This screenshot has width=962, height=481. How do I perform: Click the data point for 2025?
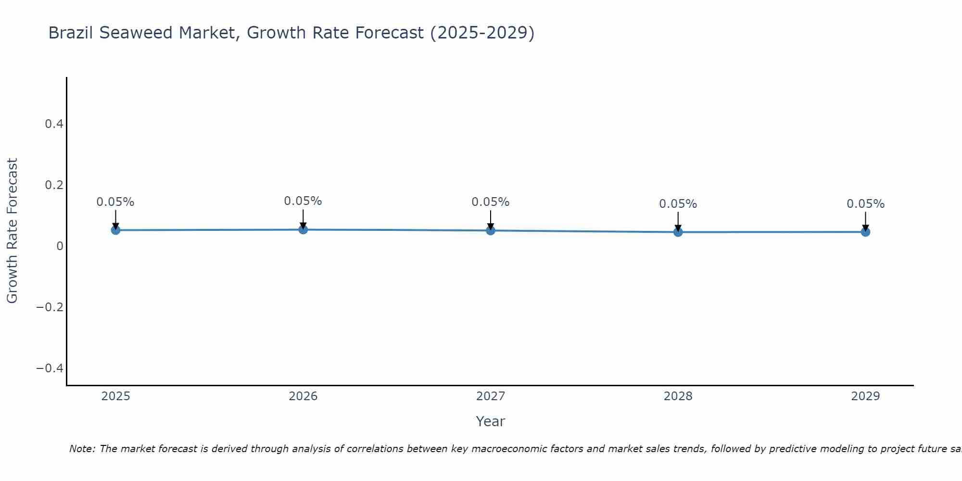point(115,230)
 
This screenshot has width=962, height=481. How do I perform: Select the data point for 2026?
point(303,229)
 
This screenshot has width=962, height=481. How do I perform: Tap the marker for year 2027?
point(491,230)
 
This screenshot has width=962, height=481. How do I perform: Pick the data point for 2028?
point(678,232)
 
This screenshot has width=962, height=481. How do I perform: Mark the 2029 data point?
point(865,232)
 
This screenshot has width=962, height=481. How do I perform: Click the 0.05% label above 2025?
point(115,202)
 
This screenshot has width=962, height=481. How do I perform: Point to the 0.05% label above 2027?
point(491,202)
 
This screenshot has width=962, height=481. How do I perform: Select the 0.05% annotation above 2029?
point(865,204)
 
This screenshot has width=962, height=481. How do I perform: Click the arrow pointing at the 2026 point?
point(303,218)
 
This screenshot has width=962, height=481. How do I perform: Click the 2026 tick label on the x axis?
point(303,396)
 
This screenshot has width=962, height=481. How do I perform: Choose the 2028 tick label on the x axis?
point(678,396)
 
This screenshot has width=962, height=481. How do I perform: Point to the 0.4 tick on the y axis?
point(54,124)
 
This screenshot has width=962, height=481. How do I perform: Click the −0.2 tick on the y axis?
point(50,307)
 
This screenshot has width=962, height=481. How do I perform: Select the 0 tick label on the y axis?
point(60,246)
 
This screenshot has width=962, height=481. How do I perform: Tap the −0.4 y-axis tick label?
point(50,368)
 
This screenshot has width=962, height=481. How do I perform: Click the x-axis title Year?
point(490,421)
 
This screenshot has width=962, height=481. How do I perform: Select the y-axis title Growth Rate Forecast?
point(12,231)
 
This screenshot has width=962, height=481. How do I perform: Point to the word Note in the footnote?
point(82,449)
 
